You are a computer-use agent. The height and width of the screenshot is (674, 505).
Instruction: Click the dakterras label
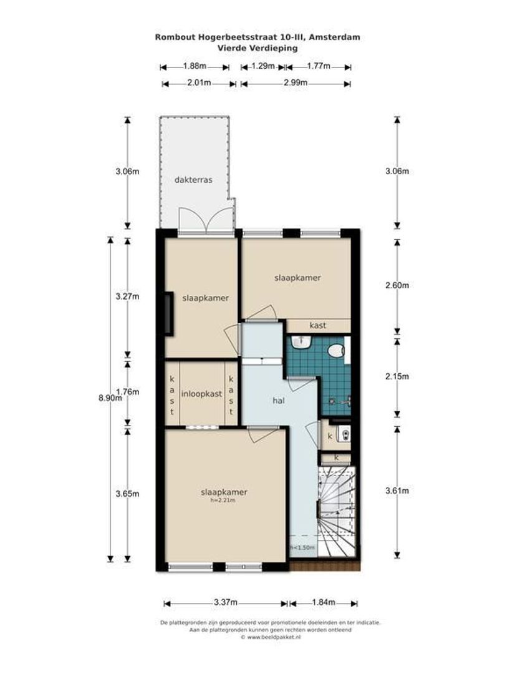click(x=193, y=179)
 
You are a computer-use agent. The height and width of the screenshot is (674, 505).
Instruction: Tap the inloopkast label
click(x=201, y=394)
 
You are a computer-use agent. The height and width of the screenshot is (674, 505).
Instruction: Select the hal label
click(x=278, y=401)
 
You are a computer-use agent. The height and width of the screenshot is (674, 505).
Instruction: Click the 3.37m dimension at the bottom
click(x=225, y=603)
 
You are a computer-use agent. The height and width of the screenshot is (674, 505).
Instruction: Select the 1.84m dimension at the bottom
click(x=323, y=603)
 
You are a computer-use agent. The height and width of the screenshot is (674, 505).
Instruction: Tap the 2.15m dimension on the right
click(x=397, y=376)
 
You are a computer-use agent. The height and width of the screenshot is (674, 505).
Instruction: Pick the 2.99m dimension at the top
click(x=295, y=83)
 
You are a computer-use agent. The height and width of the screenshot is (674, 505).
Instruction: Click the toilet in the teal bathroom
click(x=337, y=351)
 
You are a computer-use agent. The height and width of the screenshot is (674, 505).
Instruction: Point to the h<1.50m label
click(x=302, y=548)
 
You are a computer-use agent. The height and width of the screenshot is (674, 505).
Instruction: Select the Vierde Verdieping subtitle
click(x=257, y=47)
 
